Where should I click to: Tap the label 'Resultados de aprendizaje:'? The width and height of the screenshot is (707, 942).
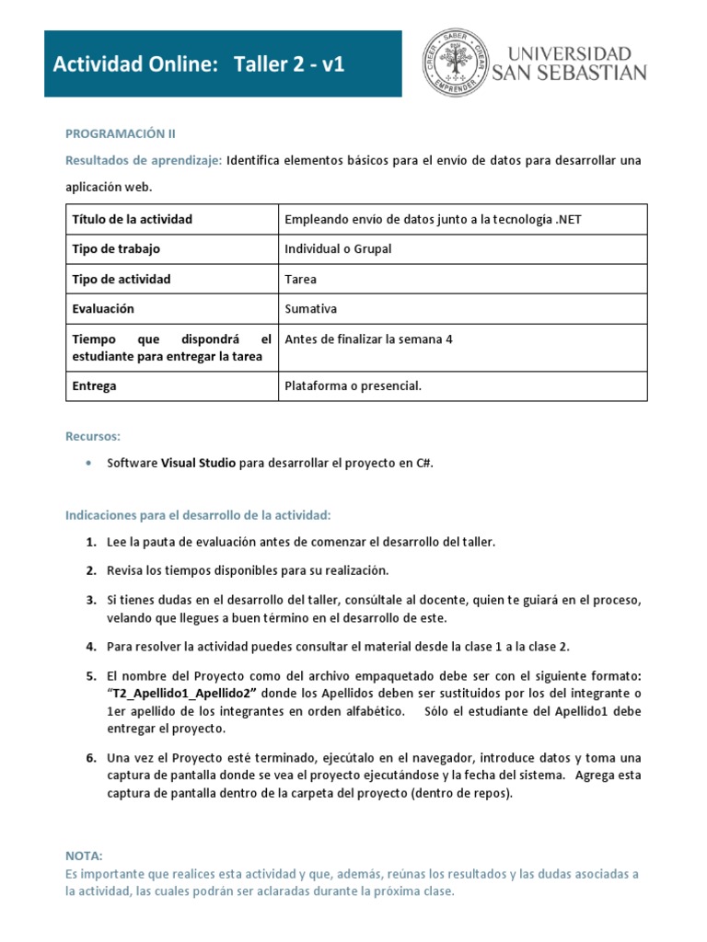click(x=143, y=160)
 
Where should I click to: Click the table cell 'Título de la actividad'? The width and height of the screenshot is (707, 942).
click(x=133, y=219)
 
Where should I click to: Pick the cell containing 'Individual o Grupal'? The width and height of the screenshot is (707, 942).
click(x=338, y=249)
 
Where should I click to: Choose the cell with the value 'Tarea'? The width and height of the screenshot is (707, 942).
click(x=301, y=279)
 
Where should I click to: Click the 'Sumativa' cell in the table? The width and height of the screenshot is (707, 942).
click(x=311, y=309)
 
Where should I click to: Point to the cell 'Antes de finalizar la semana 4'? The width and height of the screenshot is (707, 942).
click(x=369, y=339)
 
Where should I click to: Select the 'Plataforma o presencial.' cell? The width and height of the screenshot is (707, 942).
click(x=353, y=385)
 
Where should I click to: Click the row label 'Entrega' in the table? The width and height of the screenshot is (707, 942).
click(x=95, y=385)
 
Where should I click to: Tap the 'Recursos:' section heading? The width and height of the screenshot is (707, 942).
click(x=93, y=435)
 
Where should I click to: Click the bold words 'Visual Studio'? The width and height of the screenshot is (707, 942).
click(x=199, y=464)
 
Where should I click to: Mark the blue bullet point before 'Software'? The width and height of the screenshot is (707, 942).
click(x=87, y=464)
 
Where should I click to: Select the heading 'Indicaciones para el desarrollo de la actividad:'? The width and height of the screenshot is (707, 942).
click(x=197, y=513)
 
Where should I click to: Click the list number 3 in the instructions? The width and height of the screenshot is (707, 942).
click(x=91, y=600)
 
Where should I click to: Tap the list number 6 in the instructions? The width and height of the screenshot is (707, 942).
click(x=91, y=758)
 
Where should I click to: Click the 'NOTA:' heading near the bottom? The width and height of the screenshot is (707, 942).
click(x=85, y=856)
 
